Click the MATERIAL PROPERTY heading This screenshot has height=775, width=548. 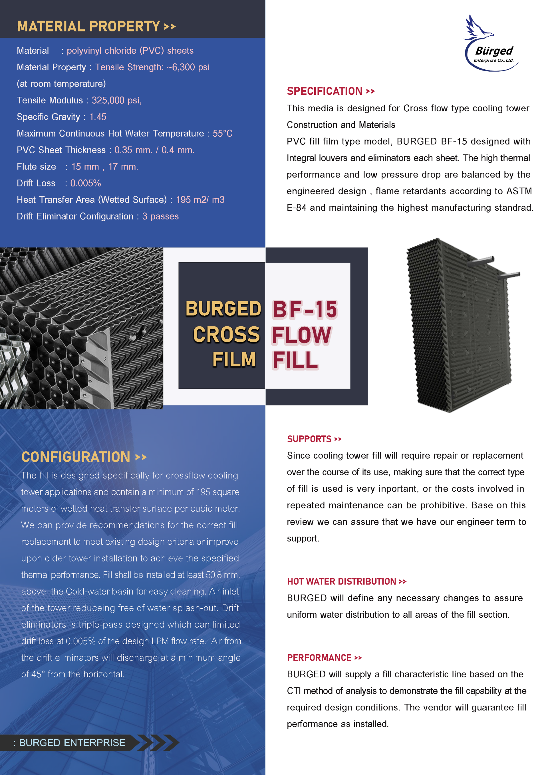88,27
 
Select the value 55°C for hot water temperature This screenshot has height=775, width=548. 222,133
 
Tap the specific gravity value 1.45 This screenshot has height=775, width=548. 98,117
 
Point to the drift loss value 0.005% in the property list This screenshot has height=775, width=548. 86,183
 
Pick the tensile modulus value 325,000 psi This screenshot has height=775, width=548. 116,100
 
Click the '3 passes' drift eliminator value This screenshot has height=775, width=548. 160,216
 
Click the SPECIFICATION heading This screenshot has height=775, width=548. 325,91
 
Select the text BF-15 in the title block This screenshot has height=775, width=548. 305,309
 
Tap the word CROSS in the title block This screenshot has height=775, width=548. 226,335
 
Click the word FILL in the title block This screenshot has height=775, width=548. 295,360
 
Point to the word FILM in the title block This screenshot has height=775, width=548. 234,359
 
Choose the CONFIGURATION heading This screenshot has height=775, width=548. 76,457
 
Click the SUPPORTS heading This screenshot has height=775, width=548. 309,439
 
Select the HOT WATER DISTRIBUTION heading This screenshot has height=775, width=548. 341,581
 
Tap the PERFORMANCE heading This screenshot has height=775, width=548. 319,657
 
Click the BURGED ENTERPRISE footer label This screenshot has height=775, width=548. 72,742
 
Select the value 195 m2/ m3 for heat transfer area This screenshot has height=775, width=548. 200,200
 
